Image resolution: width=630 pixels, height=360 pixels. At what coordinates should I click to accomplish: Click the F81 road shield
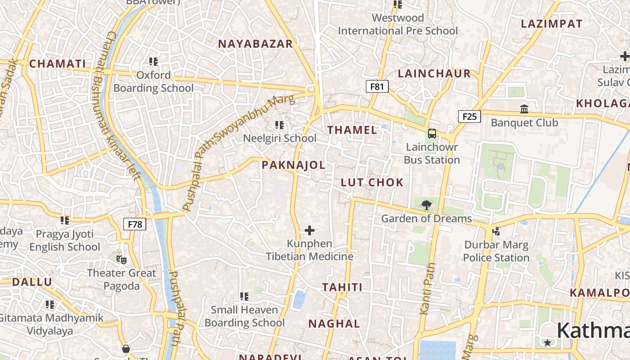click(377, 86)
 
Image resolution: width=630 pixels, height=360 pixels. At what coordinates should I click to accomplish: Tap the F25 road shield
click(469, 117)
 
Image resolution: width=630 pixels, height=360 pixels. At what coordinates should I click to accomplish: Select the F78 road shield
click(135, 224)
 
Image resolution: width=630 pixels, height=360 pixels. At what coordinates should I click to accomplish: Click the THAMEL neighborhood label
click(352, 130)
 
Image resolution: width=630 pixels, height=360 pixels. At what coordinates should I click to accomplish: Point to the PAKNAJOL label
click(293, 165)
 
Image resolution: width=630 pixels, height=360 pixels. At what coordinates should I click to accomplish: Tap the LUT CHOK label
click(372, 182)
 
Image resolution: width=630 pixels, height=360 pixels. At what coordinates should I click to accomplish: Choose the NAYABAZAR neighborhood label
click(255, 44)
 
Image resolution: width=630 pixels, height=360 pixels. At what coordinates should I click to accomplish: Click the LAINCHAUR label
click(434, 73)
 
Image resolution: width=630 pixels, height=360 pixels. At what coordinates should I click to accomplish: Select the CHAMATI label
click(57, 64)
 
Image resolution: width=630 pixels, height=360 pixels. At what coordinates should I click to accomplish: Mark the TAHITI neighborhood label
click(342, 287)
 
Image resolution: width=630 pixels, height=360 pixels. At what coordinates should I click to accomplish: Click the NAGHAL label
click(334, 324)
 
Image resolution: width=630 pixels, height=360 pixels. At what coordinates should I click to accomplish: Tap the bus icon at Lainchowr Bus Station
click(432, 134)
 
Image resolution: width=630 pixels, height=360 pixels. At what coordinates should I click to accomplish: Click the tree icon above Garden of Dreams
click(426, 206)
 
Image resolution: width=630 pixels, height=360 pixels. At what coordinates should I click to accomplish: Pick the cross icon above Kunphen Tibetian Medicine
click(309, 230)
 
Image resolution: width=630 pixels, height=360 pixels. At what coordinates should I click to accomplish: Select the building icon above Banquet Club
click(524, 109)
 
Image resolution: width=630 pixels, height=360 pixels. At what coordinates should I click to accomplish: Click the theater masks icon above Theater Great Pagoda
click(121, 259)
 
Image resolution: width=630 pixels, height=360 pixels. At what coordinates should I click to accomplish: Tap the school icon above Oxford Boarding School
click(153, 61)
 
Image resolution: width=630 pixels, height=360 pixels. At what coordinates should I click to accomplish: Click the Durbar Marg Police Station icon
click(496, 231)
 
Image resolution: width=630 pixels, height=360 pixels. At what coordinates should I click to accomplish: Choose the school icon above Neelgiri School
click(279, 125)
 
